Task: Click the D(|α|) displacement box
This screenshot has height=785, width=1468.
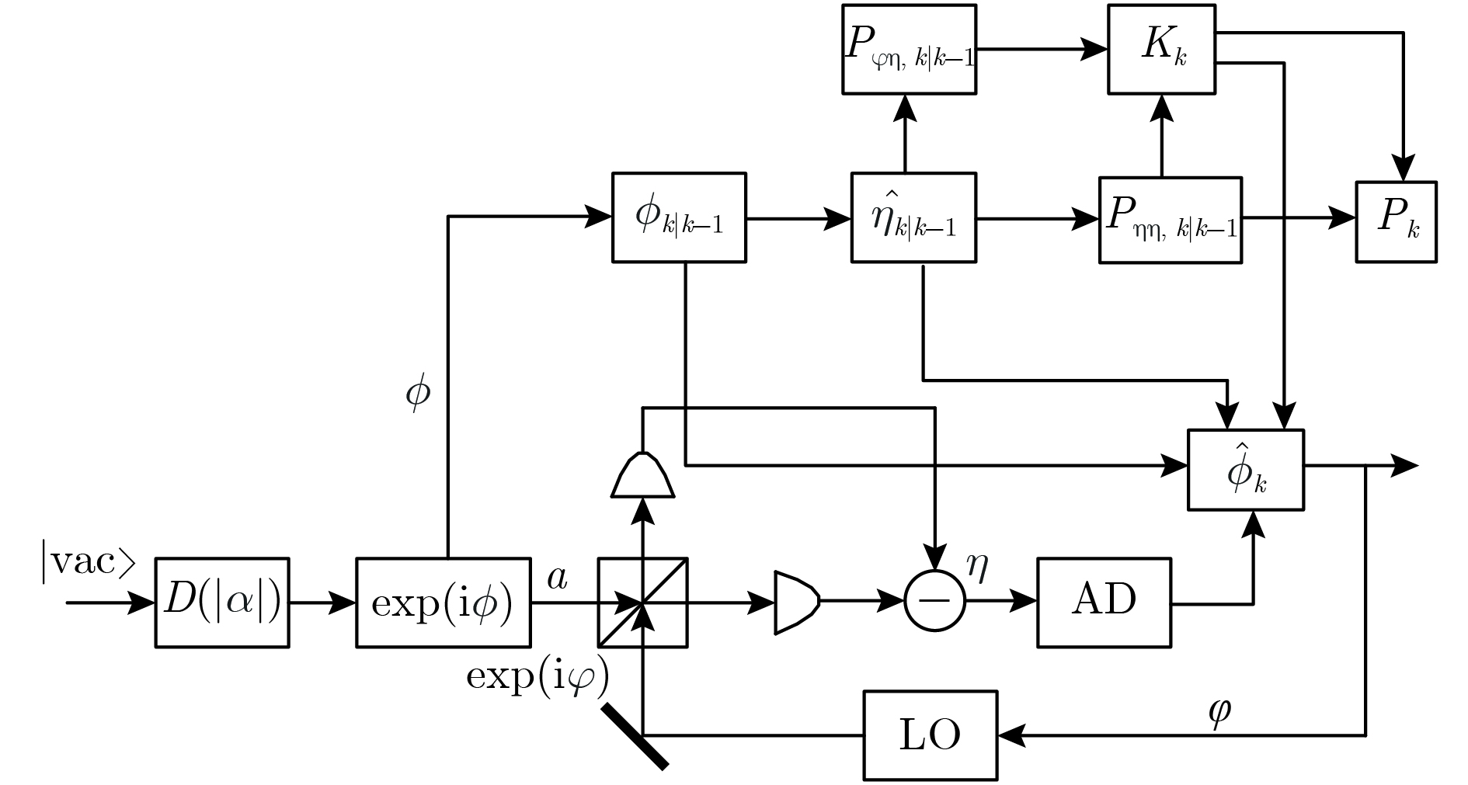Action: coord(222,602)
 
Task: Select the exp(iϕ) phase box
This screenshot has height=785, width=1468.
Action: coord(443,602)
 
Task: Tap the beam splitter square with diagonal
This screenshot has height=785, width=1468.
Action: coord(642,602)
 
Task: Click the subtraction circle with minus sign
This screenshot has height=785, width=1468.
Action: coord(934,601)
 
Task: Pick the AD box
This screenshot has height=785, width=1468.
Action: coord(1104,602)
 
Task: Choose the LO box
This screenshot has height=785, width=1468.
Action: coord(931,735)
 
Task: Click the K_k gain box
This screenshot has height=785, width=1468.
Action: coord(1161,49)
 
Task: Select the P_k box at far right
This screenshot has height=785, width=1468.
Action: coord(1396,221)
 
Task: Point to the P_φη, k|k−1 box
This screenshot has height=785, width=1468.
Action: coord(909,49)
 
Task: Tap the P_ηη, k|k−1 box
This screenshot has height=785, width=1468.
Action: coord(1170,220)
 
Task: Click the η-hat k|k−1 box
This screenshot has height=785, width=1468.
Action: coord(913,217)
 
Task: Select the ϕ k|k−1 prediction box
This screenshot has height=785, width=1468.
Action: coord(679,217)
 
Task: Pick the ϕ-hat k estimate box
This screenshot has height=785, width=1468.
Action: coord(1246,470)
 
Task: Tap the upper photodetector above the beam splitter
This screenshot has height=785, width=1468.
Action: coord(643,475)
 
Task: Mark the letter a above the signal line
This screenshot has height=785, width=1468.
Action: coord(557,578)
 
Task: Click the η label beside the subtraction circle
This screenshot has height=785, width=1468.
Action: coord(977,568)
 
